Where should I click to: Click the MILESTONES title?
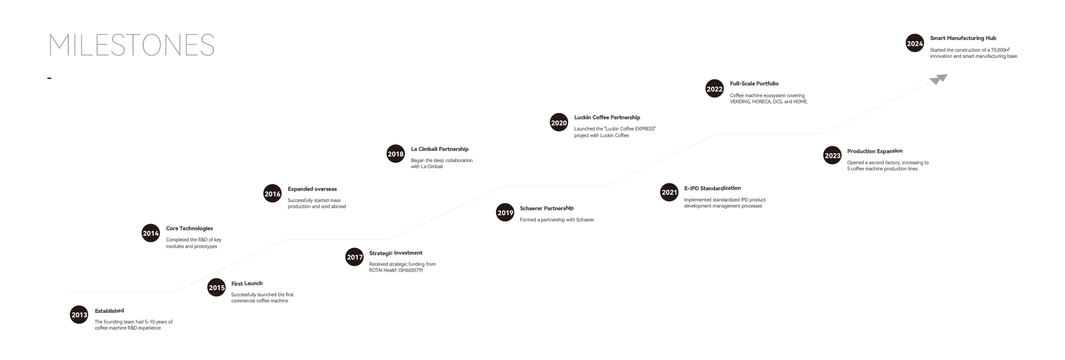[131, 45]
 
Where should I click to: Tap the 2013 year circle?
[79, 315]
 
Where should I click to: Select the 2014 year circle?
[151, 234]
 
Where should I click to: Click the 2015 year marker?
[217, 288]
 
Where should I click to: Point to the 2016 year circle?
[272, 194]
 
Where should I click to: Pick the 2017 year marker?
[355, 257]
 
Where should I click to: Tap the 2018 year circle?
[395, 154]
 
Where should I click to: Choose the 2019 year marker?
[505, 213]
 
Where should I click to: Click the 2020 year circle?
[559, 123]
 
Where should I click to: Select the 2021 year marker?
[670, 192]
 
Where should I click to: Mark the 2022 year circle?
[714, 89]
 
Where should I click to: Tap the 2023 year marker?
[833, 156]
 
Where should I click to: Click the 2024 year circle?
[915, 44]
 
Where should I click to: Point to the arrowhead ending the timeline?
[939, 79]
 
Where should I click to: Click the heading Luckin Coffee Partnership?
[607, 118]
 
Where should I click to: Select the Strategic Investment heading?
[395, 253]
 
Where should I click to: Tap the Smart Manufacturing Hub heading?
[963, 38]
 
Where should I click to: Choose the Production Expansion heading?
[875, 151]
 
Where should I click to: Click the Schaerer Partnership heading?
[546, 209]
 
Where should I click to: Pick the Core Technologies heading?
[189, 229]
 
